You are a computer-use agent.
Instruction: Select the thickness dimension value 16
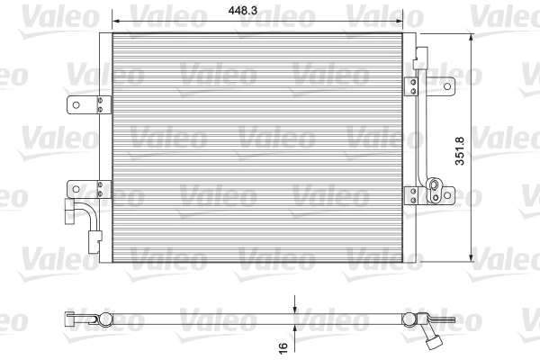(x=283, y=345)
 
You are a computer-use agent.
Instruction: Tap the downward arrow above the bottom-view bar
(x=293, y=306)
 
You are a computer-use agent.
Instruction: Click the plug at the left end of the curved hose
(x=67, y=213)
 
